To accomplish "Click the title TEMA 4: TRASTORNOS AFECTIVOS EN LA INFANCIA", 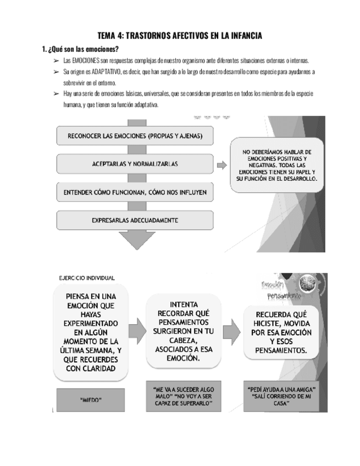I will pos(180,36).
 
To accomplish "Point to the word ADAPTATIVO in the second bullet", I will pos(121,71).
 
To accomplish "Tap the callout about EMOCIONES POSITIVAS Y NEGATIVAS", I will pos(278,165).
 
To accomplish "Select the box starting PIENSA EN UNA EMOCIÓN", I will pos(93,332).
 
